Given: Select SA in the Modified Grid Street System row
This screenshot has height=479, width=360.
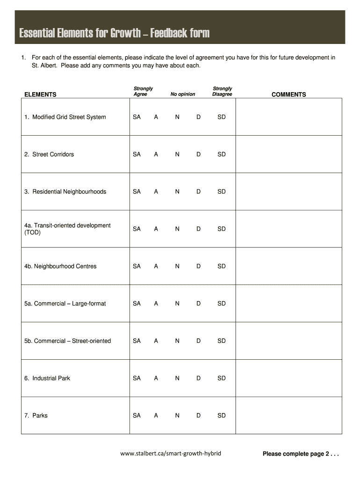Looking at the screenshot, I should pyautogui.click(x=137, y=117).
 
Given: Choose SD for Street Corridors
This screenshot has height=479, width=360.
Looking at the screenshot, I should pyautogui.click(x=221, y=154).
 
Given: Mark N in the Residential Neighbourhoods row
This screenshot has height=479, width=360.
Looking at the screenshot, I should pyautogui.click(x=177, y=192).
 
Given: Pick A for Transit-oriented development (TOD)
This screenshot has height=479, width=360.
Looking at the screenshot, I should pyautogui.click(x=156, y=229).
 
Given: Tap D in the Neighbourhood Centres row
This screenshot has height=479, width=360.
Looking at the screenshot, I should pyautogui.click(x=198, y=266).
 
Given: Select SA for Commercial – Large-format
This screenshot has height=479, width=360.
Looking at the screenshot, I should pyautogui.click(x=137, y=304).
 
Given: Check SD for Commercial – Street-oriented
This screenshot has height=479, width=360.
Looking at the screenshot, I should pyautogui.click(x=221, y=341).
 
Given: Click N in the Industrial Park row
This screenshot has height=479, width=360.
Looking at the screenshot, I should pyautogui.click(x=177, y=378).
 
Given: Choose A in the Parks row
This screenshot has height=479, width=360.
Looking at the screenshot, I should pyautogui.click(x=156, y=415).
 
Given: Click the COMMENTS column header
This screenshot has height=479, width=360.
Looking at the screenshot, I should pyautogui.click(x=288, y=94).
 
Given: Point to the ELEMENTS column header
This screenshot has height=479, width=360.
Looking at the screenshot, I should pyautogui.click(x=40, y=94).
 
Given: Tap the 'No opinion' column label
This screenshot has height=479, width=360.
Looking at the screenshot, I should pyautogui.click(x=183, y=94).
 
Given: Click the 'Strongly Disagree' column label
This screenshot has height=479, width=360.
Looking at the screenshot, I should pyautogui.click(x=222, y=91).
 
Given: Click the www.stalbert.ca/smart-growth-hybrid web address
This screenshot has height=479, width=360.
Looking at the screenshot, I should pyautogui.click(x=170, y=453).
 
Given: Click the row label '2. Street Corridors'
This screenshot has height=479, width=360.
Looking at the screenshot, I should pyautogui.click(x=49, y=154).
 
